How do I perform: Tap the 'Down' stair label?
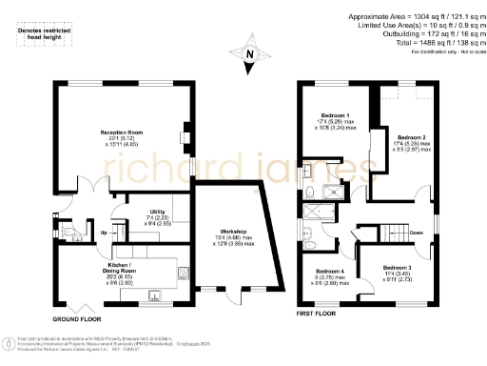pos(416,232)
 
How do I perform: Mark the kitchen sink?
pos(152,295)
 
